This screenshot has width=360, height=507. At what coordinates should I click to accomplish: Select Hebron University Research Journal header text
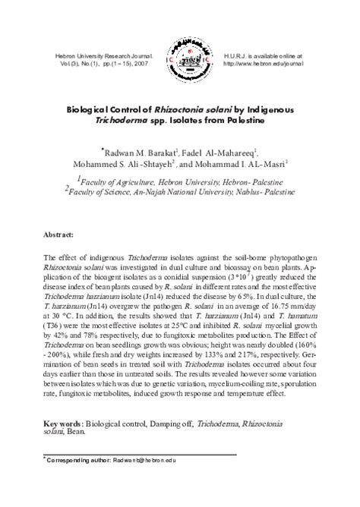[99, 55]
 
